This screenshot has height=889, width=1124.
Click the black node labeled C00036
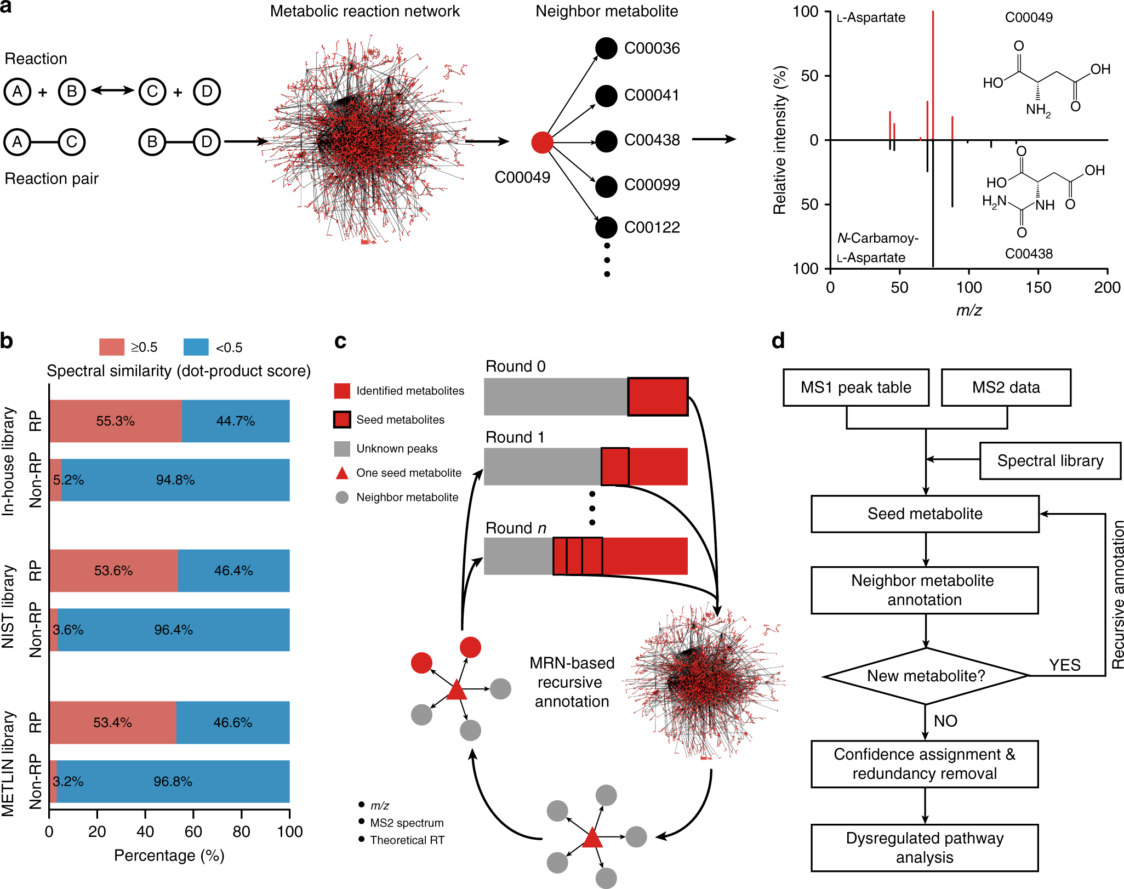606,48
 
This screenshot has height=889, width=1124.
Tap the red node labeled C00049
542,143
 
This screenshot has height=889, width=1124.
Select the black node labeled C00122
606,227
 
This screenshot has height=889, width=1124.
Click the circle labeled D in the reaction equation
207,92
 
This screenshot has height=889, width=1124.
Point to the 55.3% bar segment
115,421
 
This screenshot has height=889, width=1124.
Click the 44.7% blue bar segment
235,421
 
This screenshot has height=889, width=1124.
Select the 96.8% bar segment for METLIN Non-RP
173,782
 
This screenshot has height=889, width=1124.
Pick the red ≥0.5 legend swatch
111,347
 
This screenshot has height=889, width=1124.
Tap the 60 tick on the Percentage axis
193,831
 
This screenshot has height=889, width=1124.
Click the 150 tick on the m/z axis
1038,287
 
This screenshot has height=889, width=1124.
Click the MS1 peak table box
855,387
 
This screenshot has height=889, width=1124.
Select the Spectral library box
1049,461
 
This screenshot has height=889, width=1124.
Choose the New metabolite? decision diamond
926,676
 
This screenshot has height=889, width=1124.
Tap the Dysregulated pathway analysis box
925,847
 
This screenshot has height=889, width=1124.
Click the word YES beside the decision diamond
1064,665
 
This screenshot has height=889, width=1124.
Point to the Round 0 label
515,366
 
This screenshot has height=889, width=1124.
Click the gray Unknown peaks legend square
342,448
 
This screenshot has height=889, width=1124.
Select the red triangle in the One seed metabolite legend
342,473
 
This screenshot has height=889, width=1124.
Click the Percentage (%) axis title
169,856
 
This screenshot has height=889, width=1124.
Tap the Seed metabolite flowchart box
925,514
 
